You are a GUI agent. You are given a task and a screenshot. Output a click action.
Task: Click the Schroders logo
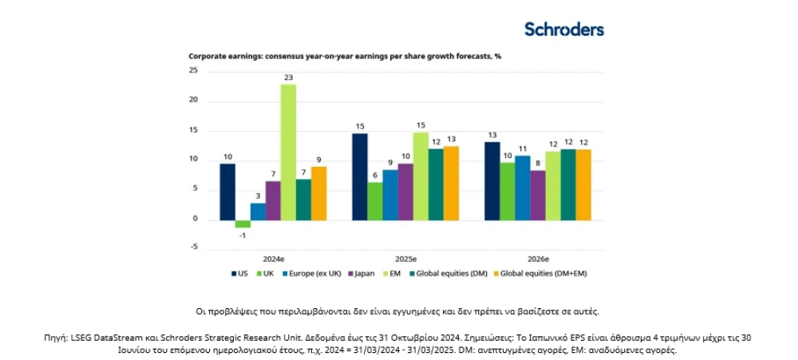(564, 29)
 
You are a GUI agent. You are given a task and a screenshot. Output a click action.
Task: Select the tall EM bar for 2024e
(288, 152)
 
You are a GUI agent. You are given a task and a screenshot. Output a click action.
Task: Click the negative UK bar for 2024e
(243, 224)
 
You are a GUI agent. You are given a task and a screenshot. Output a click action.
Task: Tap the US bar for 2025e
(360, 176)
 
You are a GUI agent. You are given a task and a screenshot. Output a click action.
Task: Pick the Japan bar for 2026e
(538, 196)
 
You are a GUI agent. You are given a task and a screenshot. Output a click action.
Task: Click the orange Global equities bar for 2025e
(452, 184)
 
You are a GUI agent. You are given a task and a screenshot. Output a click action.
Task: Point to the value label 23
(289, 78)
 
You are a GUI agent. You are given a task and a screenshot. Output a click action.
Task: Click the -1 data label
(243, 235)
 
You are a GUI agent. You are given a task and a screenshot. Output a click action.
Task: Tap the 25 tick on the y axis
(193, 71)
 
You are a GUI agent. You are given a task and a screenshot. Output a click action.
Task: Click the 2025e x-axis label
(405, 259)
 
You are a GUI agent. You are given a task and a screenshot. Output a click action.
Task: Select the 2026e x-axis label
(538, 259)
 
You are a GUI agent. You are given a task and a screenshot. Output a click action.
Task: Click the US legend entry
(239, 274)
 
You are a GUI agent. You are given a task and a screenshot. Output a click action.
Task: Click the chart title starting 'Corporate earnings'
(345, 57)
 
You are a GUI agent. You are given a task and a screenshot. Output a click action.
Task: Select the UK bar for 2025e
(375, 202)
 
